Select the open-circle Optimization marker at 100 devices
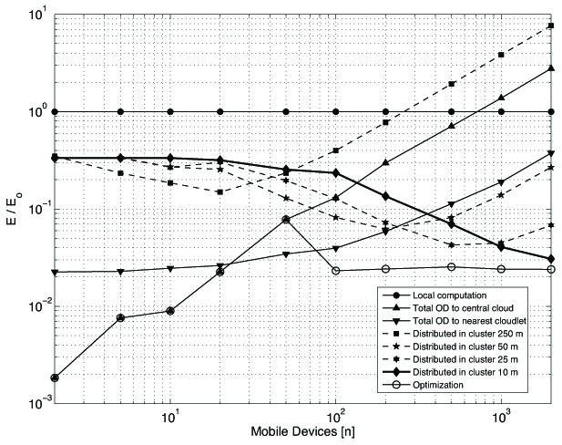[336, 271]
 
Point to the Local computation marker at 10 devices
[170, 111]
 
